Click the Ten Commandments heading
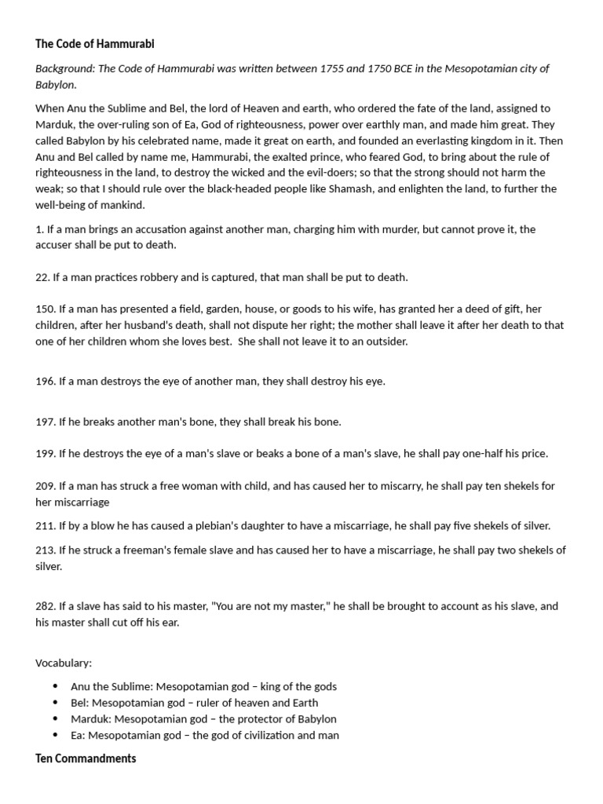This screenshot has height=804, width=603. pyautogui.click(x=86, y=758)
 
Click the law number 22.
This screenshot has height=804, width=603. pyautogui.click(x=42, y=277)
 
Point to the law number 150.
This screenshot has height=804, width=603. pyautogui.click(x=45, y=310)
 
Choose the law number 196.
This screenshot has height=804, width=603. pyautogui.click(x=45, y=382)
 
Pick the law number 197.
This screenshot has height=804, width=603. pyautogui.click(x=45, y=422)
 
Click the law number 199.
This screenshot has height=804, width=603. pyautogui.click(x=45, y=454)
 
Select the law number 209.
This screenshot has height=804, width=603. pyautogui.click(x=45, y=486)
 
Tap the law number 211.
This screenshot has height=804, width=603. pyautogui.click(x=45, y=526)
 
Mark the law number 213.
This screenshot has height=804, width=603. pyautogui.click(x=45, y=550)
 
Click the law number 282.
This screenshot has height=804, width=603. pyautogui.click(x=45, y=606)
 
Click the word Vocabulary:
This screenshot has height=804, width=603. pyautogui.click(x=64, y=663)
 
